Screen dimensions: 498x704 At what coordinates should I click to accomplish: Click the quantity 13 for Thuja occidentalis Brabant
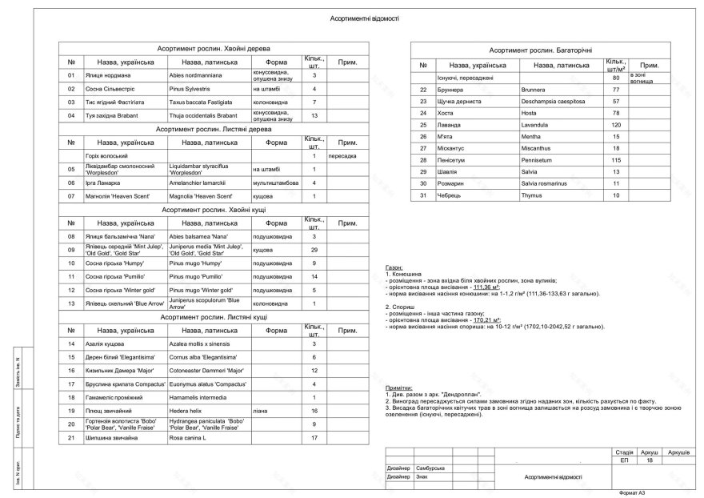(x=314, y=116)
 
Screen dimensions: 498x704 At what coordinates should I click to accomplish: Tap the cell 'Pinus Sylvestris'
(x=189, y=89)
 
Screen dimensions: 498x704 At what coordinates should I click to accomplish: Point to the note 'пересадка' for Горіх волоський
(x=342, y=155)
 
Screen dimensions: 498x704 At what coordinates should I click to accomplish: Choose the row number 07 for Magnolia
(x=71, y=196)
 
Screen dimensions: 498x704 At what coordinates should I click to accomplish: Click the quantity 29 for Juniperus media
(x=314, y=251)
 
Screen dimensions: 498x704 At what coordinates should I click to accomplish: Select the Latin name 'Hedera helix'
(x=186, y=410)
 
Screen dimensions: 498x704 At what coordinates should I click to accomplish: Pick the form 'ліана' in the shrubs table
(x=260, y=410)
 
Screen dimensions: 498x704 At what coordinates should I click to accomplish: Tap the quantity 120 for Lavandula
(x=616, y=126)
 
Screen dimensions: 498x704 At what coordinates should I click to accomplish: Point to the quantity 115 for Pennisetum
(x=616, y=160)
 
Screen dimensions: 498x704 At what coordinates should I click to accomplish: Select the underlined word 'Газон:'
(x=395, y=267)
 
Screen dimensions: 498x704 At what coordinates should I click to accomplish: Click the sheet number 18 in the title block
(x=650, y=460)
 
